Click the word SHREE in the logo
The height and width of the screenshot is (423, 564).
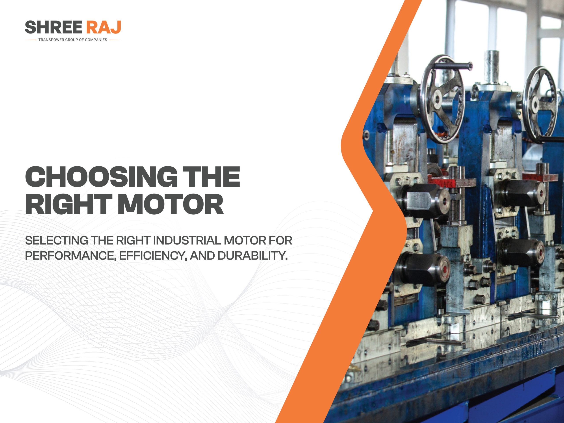[54, 28]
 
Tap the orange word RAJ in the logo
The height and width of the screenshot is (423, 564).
[103, 28]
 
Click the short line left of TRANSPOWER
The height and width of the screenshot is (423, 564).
[31, 40]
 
